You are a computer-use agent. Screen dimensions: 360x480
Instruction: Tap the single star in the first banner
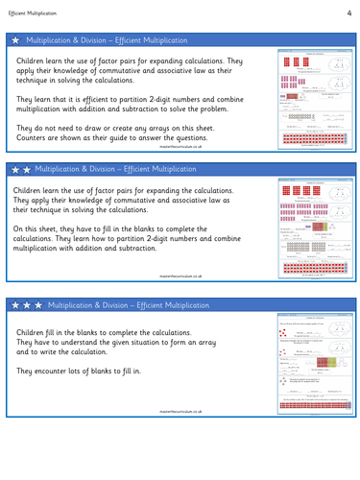(14, 40)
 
